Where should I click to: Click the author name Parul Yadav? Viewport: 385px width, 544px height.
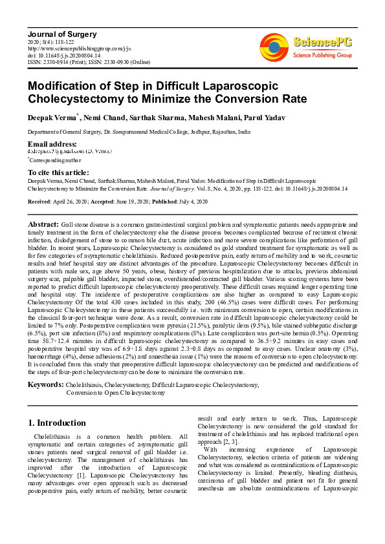[249, 118]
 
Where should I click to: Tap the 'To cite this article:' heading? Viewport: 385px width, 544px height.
[58, 173]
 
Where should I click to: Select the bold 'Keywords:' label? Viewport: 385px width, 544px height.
[45, 385]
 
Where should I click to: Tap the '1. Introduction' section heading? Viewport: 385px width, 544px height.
[57, 423]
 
